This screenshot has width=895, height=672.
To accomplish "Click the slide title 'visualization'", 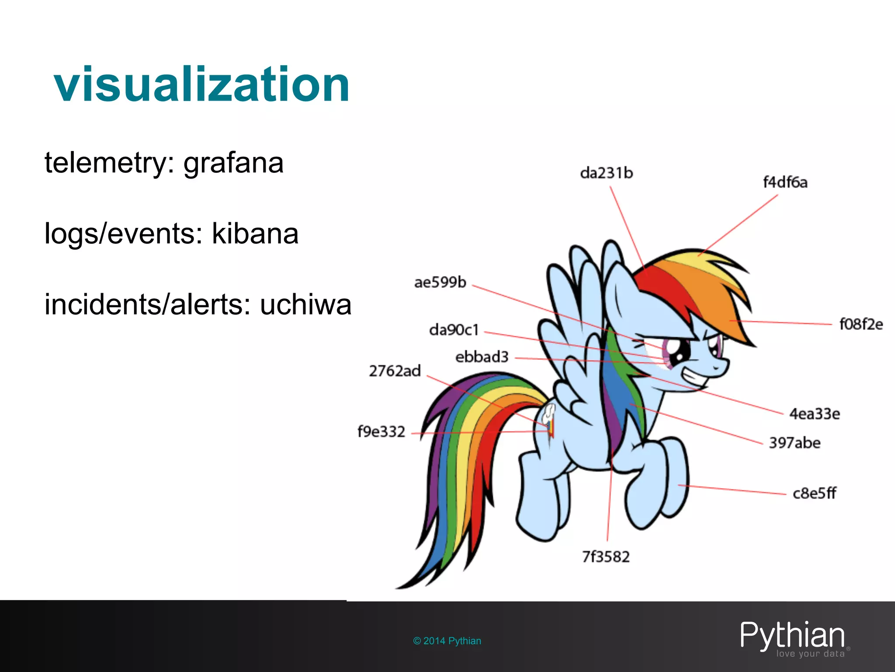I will pyautogui.click(x=201, y=84).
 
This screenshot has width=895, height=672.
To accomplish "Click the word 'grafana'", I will pyautogui.click(x=233, y=163).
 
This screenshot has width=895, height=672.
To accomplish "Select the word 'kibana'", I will pyautogui.click(x=255, y=234).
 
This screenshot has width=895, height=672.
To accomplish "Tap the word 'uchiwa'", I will pyautogui.click(x=305, y=304).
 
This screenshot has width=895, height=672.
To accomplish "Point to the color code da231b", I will pyautogui.click(x=606, y=173).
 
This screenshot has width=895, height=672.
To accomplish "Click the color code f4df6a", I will pyautogui.click(x=785, y=182).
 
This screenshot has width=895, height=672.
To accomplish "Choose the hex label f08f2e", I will pyautogui.click(x=860, y=324).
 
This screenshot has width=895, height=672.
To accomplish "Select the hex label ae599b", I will pyautogui.click(x=440, y=282).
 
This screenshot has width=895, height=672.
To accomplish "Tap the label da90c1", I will pyautogui.click(x=454, y=329).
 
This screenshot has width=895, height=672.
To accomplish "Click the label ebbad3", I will pyautogui.click(x=482, y=357).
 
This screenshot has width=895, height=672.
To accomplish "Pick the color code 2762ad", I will pyautogui.click(x=395, y=371).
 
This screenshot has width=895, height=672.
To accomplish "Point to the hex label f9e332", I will pyautogui.click(x=381, y=432).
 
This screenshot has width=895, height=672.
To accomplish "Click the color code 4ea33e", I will pyautogui.click(x=814, y=413).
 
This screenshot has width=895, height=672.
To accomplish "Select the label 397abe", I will pyautogui.click(x=794, y=443).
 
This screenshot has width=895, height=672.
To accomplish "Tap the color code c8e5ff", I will pyautogui.click(x=814, y=493).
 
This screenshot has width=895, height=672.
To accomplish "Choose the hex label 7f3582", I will pyautogui.click(x=606, y=557).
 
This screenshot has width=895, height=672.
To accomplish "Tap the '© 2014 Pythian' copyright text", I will pyautogui.click(x=447, y=641).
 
